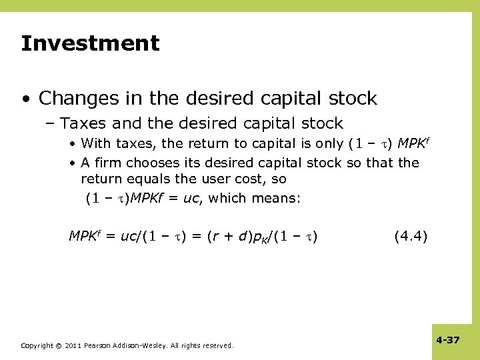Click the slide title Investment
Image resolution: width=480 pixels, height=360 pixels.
90,44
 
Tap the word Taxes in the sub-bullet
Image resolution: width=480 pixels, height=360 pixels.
83,123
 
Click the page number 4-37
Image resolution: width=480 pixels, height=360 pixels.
448,340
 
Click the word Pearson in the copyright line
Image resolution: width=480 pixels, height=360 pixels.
99,345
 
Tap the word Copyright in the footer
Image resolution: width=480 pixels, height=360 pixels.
37,345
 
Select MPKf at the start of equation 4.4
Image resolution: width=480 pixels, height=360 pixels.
85,235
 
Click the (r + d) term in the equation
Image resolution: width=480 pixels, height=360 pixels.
229,235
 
